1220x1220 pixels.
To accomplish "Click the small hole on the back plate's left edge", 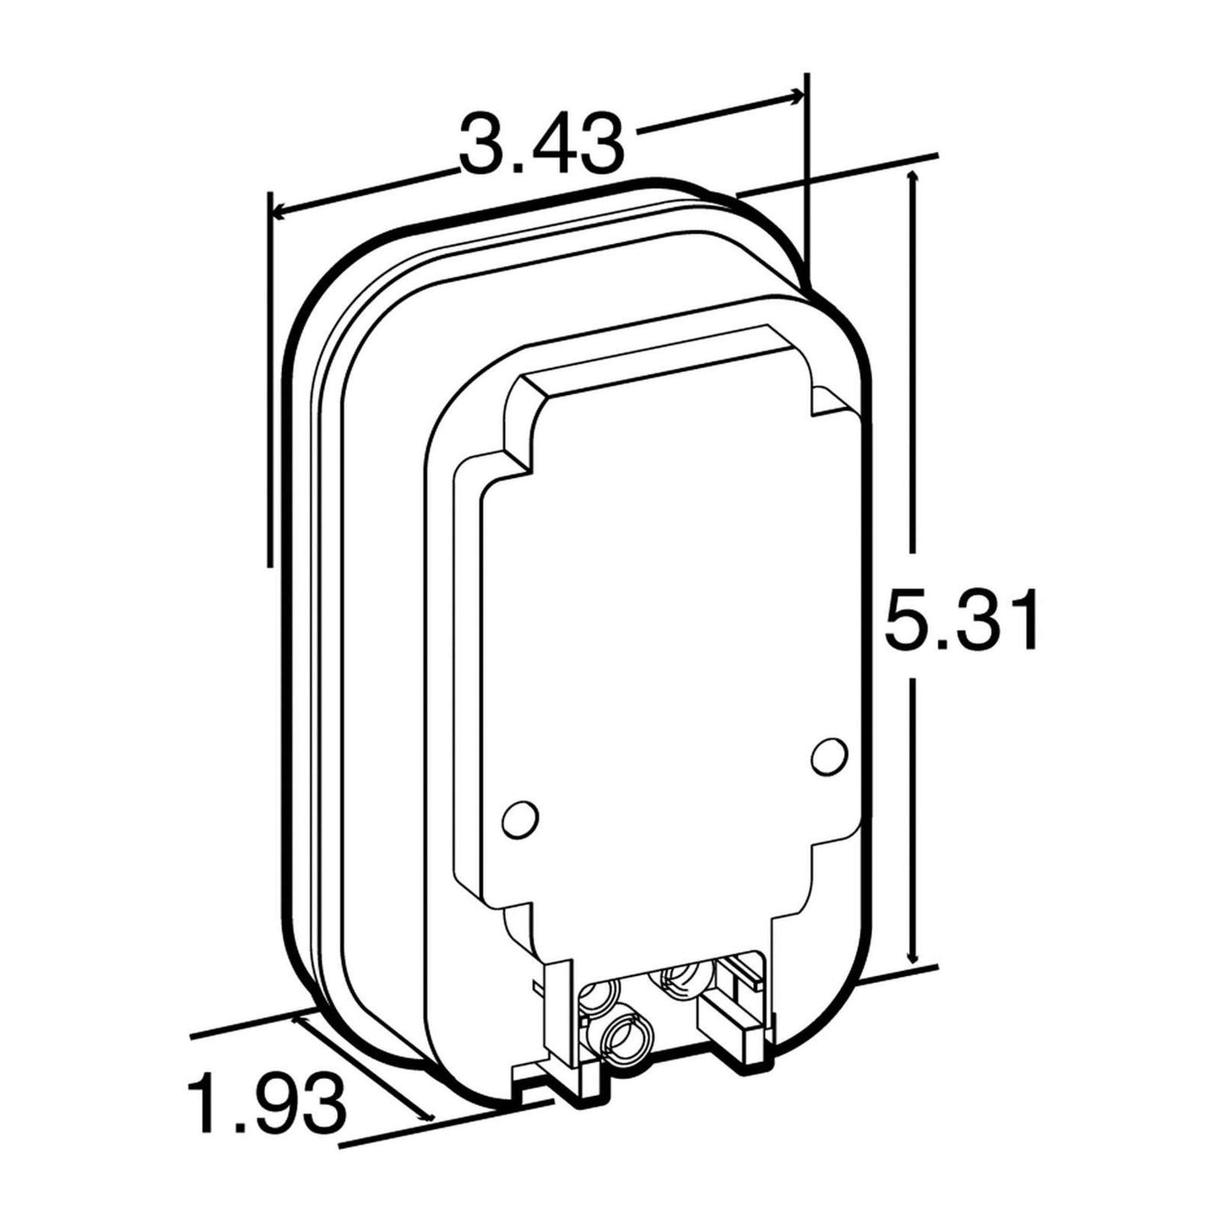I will (x=518, y=816).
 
